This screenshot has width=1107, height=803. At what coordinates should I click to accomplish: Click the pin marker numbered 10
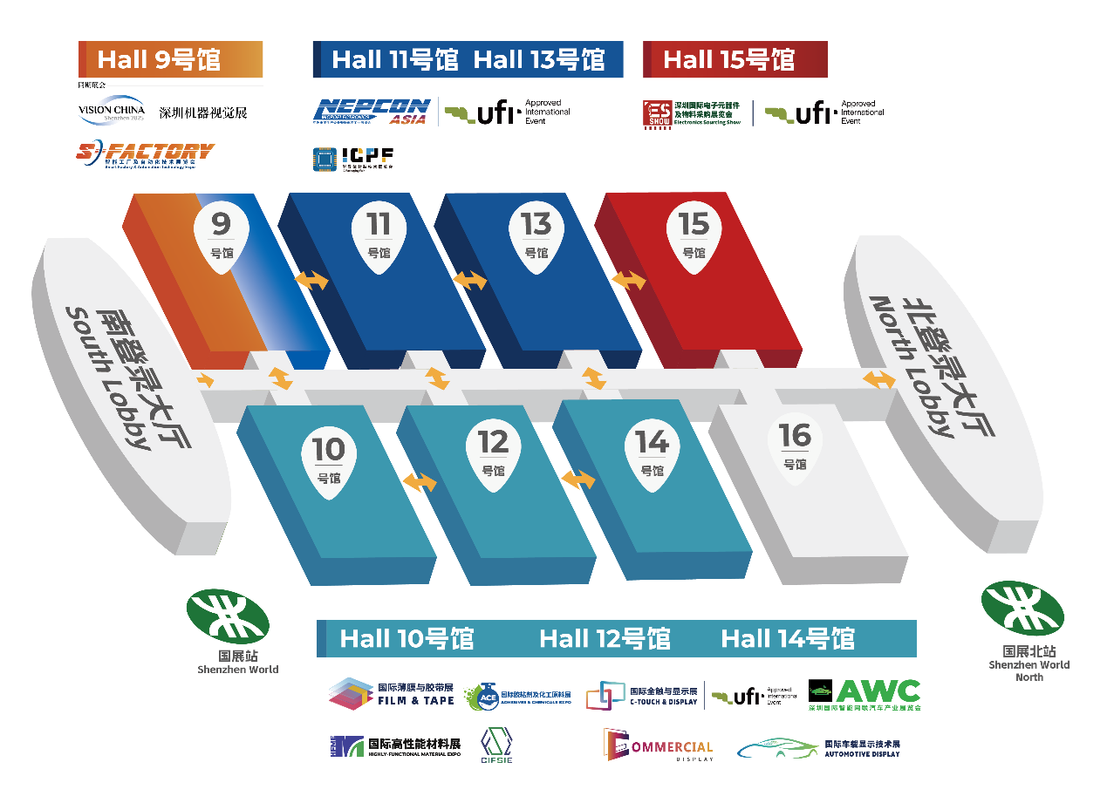pyautogui.click(x=329, y=460)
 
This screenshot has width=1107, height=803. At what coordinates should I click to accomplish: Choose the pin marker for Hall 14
pyautogui.click(x=652, y=453)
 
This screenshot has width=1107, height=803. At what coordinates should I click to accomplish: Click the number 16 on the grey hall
pyautogui.click(x=795, y=436)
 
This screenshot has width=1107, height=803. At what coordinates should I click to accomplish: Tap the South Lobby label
pyautogui.click(x=119, y=377)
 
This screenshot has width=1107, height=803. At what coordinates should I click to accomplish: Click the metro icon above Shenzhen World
pyautogui.click(x=228, y=616)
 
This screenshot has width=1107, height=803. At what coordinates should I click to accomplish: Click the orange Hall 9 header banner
pyautogui.click(x=171, y=59)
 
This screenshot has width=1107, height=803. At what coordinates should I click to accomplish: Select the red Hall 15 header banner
pyautogui.click(x=735, y=59)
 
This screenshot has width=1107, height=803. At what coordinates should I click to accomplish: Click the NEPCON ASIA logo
pyautogui.click(x=372, y=111)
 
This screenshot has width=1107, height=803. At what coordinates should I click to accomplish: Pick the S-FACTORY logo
pyautogui.click(x=145, y=154)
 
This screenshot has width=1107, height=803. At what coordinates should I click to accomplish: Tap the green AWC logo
pyautogui.click(x=864, y=694)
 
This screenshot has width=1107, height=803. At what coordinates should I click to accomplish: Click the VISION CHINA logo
pyautogui.click(x=111, y=111)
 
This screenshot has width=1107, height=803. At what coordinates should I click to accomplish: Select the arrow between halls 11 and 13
pyautogui.click(x=470, y=280)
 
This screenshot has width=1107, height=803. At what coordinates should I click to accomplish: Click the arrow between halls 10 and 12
pyautogui.click(x=420, y=482)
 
